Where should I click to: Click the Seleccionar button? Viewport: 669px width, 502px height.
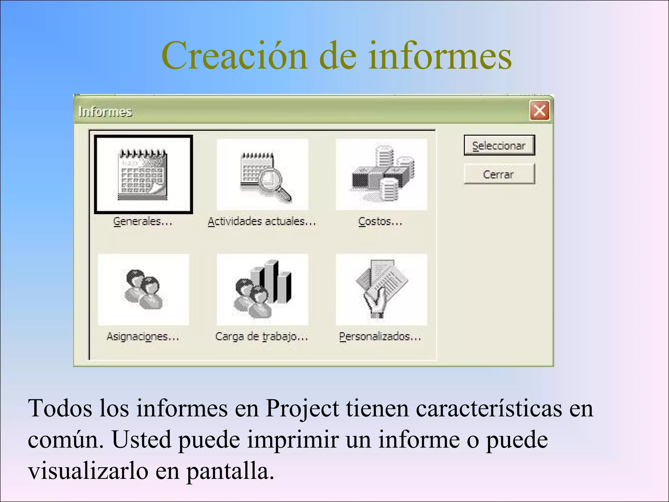click(x=499, y=145)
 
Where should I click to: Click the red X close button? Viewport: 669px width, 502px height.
click(x=539, y=110)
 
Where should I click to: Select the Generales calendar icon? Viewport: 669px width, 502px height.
click(x=143, y=175)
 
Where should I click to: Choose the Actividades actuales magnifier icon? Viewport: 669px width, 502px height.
click(x=263, y=175)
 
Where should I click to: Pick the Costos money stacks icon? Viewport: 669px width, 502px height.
click(x=382, y=175)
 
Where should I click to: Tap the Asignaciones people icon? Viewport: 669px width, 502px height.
click(x=143, y=290)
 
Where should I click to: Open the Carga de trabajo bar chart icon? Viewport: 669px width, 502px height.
click(x=263, y=290)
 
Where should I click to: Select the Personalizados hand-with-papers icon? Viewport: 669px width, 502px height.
click(x=382, y=290)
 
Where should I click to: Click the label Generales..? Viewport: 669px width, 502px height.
click(x=142, y=222)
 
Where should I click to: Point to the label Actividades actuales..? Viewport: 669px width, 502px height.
click(x=262, y=222)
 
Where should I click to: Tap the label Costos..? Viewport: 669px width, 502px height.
click(x=380, y=222)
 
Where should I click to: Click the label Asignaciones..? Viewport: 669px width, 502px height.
click(x=143, y=336)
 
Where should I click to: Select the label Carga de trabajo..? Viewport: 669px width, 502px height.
click(x=262, y=336)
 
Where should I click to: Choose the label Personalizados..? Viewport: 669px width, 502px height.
click(x=380, y=336)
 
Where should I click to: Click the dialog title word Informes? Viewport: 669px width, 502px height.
click(x=105, y=112)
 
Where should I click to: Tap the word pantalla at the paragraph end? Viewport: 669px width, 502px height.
click(x=230, y=471)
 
